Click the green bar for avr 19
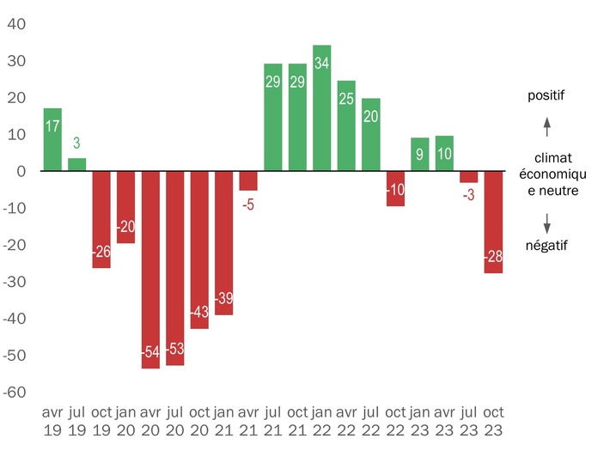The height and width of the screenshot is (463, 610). pyautogui.click(x=52, y=139)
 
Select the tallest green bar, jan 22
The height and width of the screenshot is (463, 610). pyautogui.click(x=322, y=108)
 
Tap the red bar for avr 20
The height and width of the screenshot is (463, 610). pyautogui.click(x=150, y=270)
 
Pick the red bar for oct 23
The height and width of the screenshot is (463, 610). pyautogui.click(x=493, y=222)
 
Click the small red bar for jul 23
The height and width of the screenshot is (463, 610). pyautogui.click(x=468, y=177)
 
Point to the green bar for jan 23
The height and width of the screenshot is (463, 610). pyautogui.click(x=420, y=155)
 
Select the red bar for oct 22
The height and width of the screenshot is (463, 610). pyautogui.click(x=395, y=189)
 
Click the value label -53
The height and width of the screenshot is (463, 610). pyautogui.click(x=175, y=349)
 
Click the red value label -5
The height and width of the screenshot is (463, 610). pyautogui.click(x=248, y=204)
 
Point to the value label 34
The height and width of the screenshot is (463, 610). pyautogui.click(x=322, y=62)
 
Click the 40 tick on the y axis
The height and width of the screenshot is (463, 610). pyautogui.click(x=17, y=24)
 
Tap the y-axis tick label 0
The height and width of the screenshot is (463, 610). pyautogui.click(x=23, y=172)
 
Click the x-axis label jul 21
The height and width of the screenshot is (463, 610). pyautogui.click(x=273, y=421)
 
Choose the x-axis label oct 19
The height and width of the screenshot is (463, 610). pyautogui.click(x=101, y=421)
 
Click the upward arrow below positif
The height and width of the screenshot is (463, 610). pyautogui.click(x=546, y=127)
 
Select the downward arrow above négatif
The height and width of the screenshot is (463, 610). pyautogui.click(x=546, y=221)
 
